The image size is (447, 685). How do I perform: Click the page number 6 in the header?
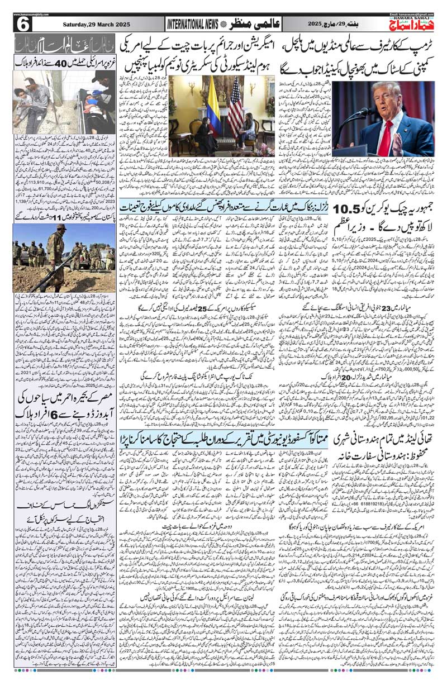click(23, 25)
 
